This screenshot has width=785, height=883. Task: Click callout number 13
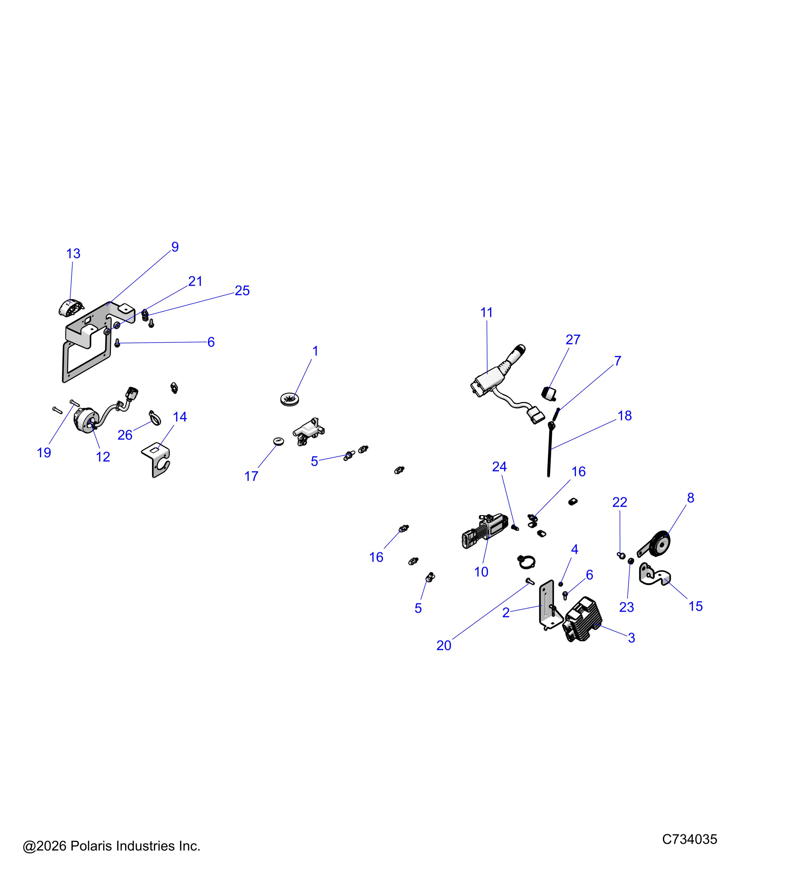73,254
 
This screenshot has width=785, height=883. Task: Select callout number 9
175,247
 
